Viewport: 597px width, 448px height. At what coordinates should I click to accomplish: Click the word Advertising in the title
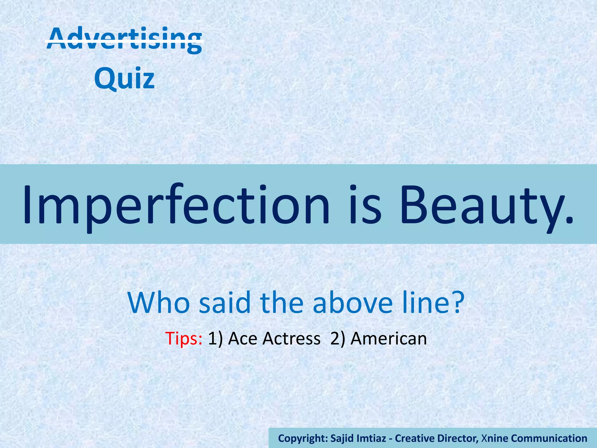[124, 39]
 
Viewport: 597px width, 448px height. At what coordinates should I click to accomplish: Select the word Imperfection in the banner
[176, 204]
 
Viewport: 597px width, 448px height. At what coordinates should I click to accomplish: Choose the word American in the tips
[389, 339]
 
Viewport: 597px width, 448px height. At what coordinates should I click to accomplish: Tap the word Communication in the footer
[549, 438]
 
